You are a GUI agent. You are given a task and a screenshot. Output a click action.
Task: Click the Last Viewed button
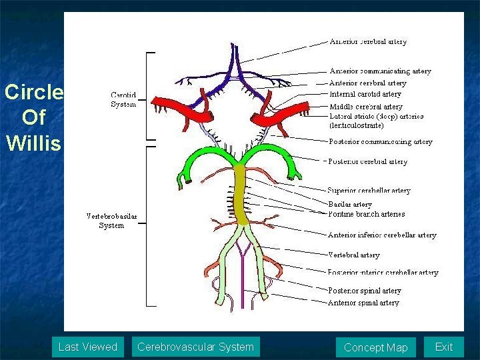(87, 347)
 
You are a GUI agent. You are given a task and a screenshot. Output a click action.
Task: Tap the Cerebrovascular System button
(195, 347)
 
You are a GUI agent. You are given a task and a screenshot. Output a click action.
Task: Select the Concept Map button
(375, 347)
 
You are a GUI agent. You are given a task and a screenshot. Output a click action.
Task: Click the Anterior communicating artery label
(380, 71)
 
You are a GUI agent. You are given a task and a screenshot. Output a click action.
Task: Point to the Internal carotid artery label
(365, 94)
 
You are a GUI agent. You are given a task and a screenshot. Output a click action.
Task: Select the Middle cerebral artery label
(366, 106)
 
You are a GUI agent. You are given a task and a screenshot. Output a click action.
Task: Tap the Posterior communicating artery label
(380, 141)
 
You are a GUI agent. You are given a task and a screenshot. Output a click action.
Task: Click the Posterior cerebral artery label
(367, 161)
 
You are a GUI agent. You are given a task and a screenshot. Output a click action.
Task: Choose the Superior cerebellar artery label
(369, 191)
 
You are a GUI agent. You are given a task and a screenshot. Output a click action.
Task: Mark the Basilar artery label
(350, 204)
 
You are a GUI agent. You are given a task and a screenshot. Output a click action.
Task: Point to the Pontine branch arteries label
(366, 214)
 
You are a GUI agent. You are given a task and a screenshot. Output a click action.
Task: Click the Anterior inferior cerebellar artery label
(382, 235)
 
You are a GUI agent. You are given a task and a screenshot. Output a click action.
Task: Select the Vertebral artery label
(354, 255)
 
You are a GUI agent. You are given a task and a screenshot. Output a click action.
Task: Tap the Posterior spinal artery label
(364, 291)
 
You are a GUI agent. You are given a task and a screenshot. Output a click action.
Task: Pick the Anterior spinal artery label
(363, 303)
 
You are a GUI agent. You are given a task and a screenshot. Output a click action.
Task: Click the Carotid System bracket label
(123, 99)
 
